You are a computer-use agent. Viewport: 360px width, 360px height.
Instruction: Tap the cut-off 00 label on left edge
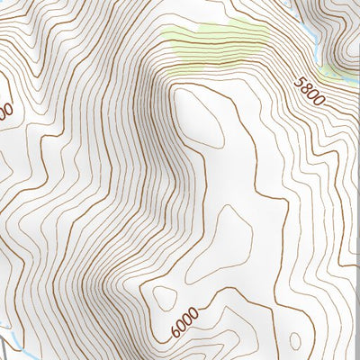(4, 111)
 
